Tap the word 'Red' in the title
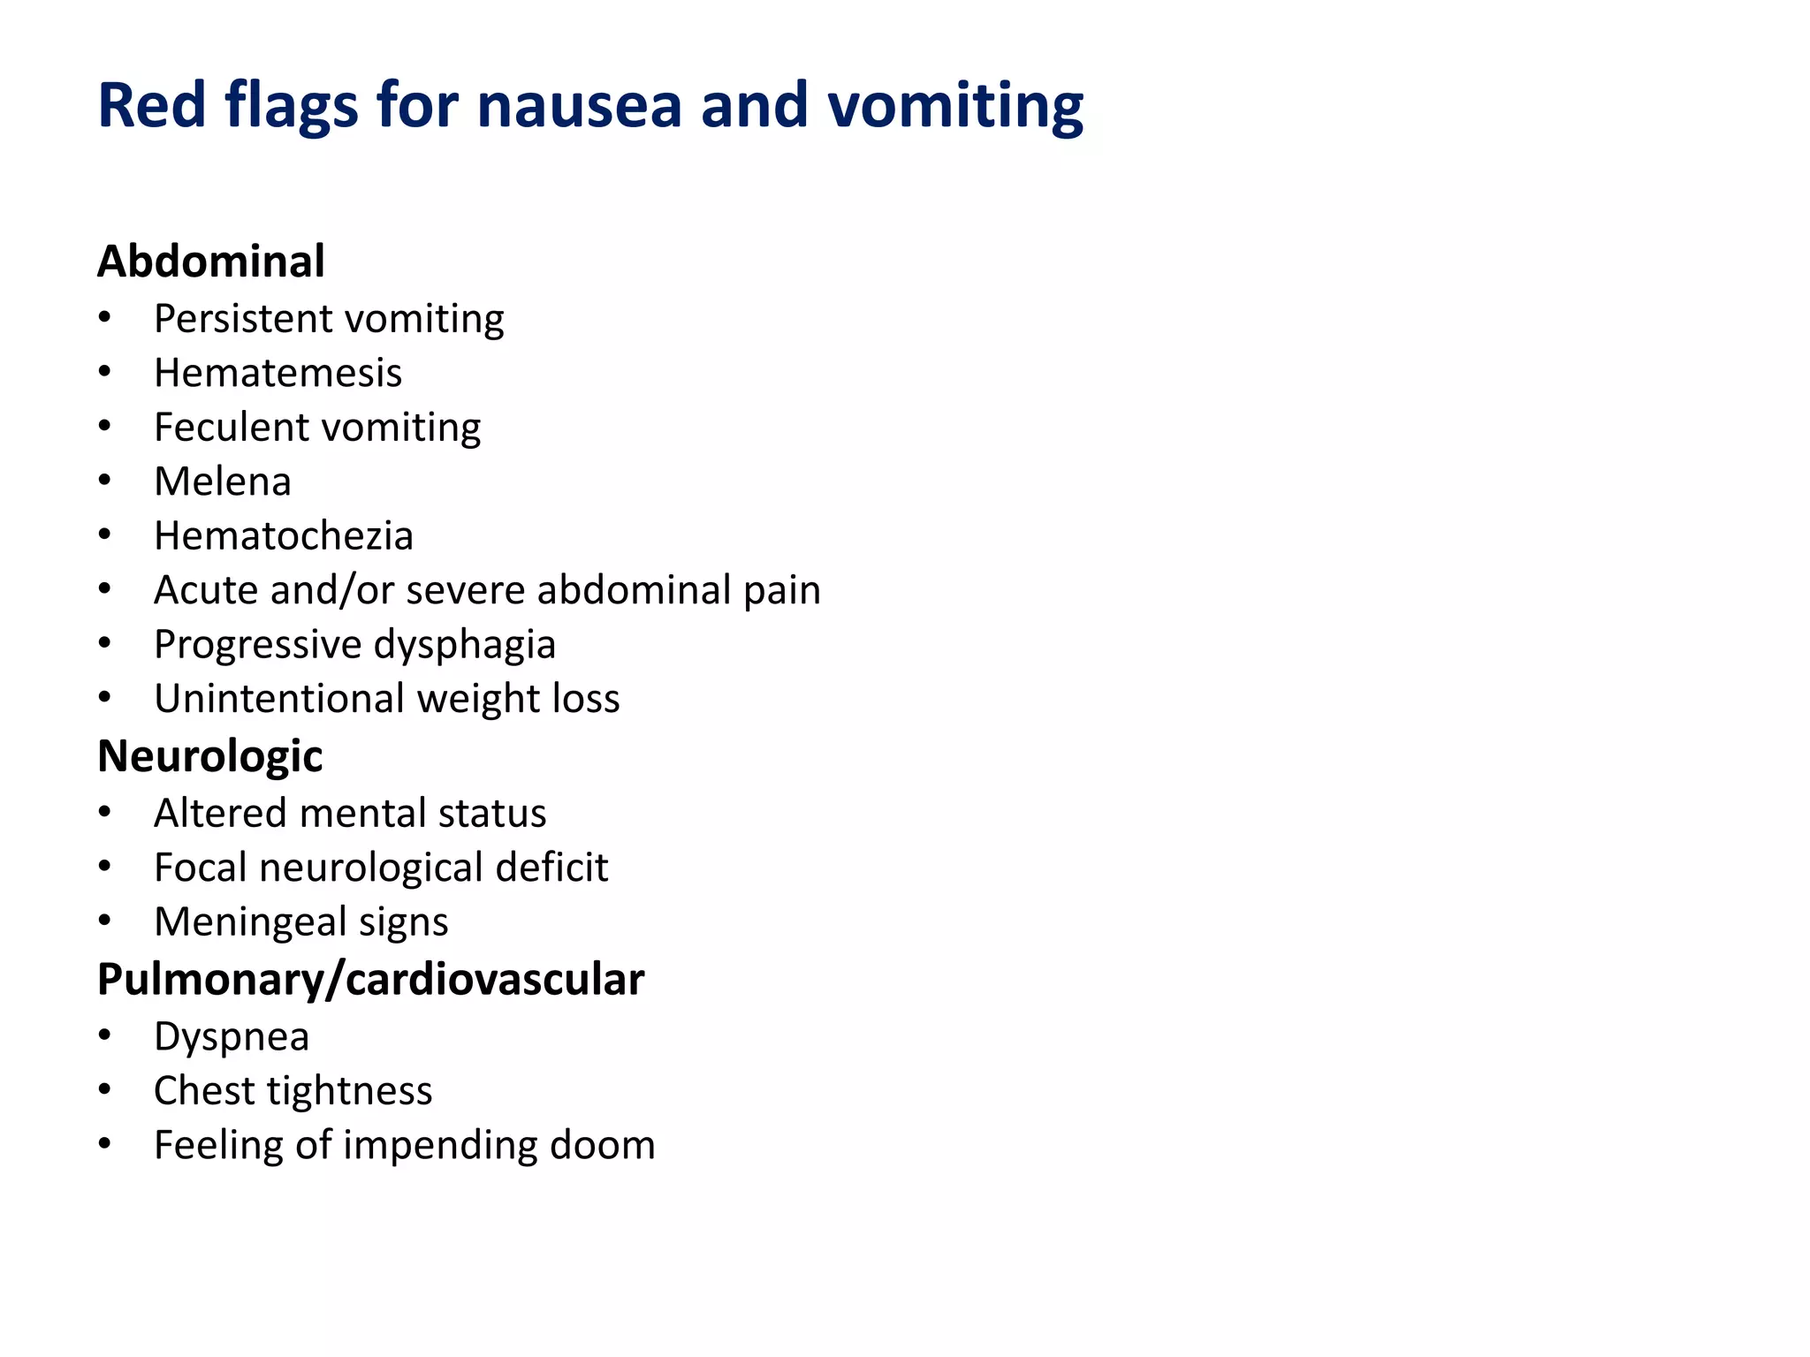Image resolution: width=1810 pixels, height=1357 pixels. click(x=152, y=106)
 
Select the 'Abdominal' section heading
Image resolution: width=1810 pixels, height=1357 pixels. click(x=211, y=262)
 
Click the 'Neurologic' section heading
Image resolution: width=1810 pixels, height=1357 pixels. click(x=210, y=756)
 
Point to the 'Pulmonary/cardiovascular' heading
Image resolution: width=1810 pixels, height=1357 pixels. click(x=370, y=979)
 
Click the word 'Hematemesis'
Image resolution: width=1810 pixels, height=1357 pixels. click(x=278, y=373)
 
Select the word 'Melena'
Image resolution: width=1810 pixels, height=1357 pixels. click(x=222, y=481)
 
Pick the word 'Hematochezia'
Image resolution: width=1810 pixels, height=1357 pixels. click(x=283, y=536)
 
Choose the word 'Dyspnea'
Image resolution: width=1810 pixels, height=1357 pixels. click(x=232, y=1037)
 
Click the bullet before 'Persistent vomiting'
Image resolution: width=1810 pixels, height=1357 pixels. click(x=105, y=318)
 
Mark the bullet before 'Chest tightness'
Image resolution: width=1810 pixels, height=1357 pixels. click(x=105, y=1090)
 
